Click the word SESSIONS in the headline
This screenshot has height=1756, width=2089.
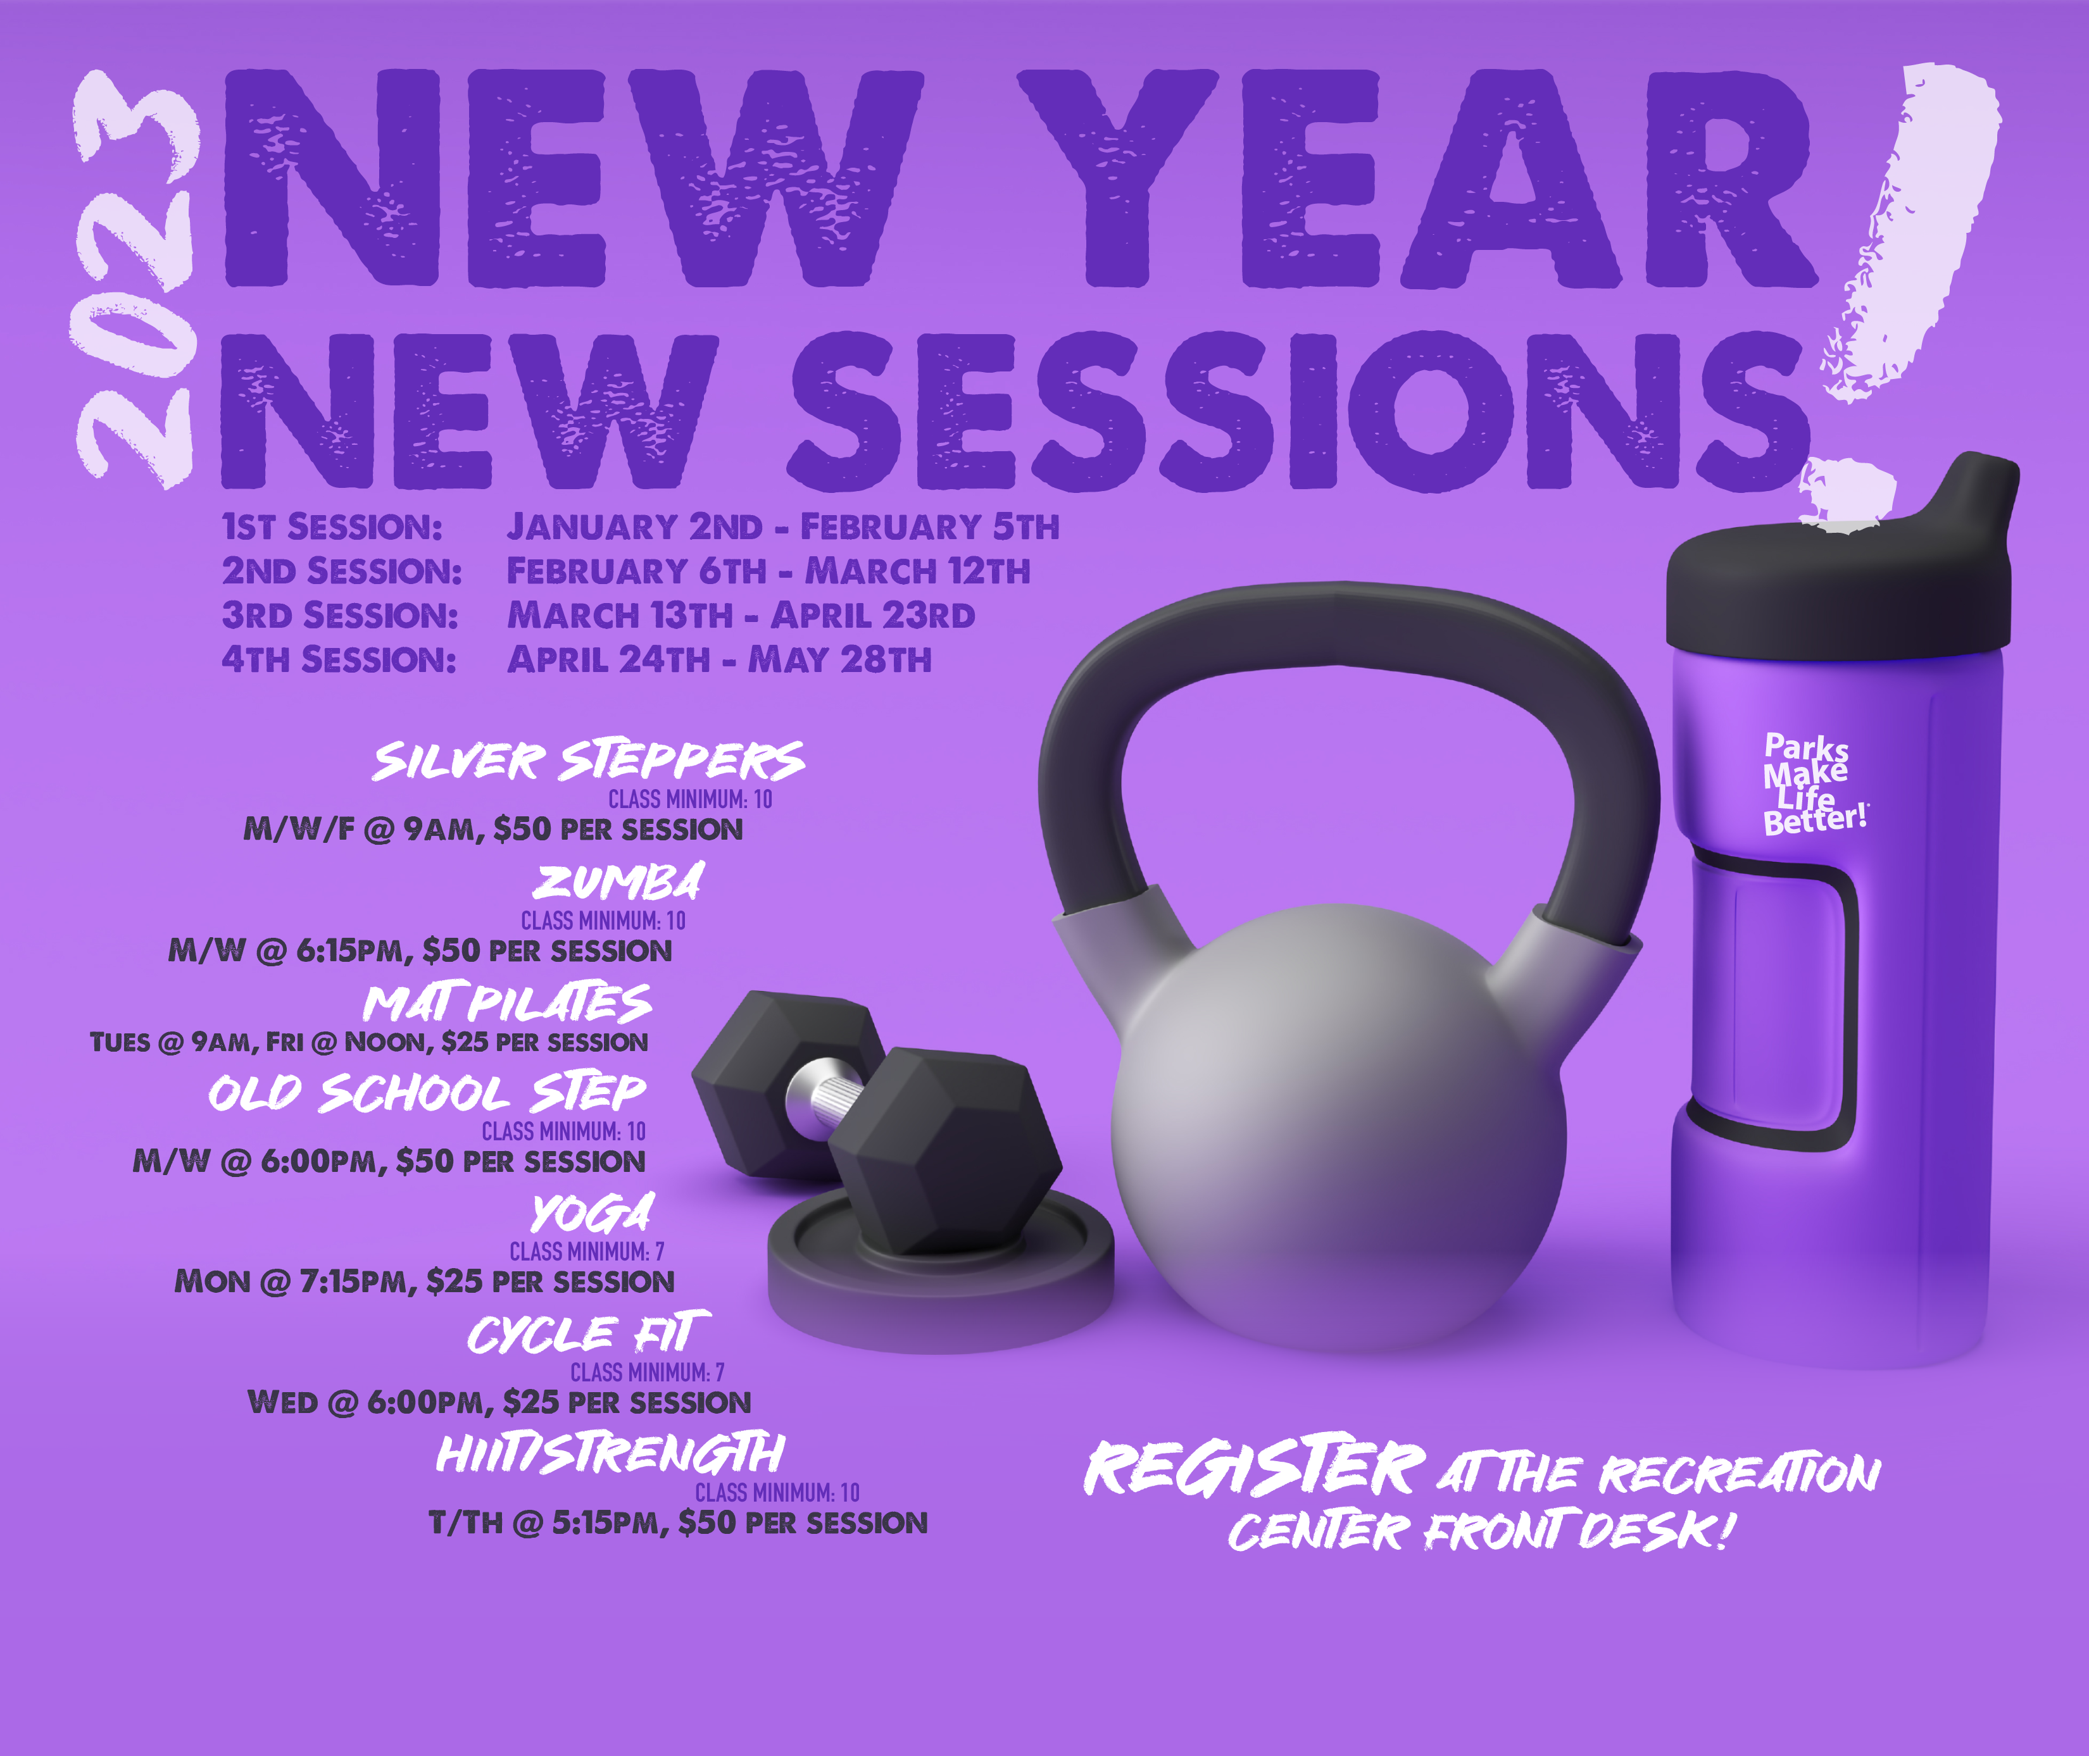[x=1300, y=411]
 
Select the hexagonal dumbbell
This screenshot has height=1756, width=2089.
[x=876, y=1120]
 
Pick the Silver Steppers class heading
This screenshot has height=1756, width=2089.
[x=589, y=761]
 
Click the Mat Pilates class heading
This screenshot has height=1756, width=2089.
[x=507, y=1004]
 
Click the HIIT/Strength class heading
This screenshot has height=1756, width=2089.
[x=610, y=1454]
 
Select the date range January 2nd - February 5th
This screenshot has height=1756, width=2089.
[x=782, y=526]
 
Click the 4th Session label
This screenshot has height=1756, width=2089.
[x=339, y=659]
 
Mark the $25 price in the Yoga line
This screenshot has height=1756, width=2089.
[x=454, y=1281]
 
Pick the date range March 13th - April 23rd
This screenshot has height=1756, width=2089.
[x=741, y=615]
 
